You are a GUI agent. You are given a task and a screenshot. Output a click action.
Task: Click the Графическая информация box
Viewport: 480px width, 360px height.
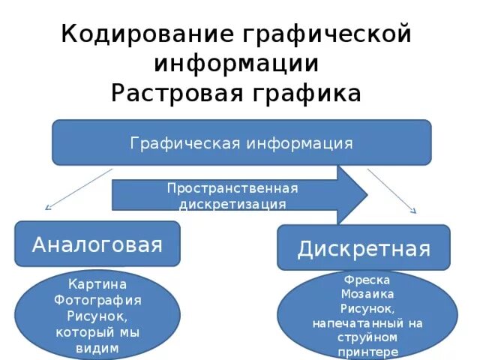(241, 142)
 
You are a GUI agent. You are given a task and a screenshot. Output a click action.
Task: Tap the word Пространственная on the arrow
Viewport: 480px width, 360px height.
(232, 187)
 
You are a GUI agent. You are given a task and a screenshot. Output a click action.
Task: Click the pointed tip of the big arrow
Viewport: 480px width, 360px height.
(366, 194)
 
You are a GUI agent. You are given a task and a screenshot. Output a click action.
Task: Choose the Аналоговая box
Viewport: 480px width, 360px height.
(97, 244)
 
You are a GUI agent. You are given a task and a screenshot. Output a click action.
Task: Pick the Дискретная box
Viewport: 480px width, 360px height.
(364, 248)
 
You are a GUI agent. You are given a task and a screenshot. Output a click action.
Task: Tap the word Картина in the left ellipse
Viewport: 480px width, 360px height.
(97, 285)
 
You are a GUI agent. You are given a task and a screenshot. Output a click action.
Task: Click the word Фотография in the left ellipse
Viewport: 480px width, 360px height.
(97, 301)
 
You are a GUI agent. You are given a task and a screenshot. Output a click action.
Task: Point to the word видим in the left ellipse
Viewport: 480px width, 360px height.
(97, 347)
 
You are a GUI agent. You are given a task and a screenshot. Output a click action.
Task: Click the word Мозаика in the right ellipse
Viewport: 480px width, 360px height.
(367, 293)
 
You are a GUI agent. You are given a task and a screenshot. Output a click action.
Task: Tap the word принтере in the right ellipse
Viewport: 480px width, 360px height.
(367, 351)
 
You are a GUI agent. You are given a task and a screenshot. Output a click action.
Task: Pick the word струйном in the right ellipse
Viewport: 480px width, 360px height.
(367, 337)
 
